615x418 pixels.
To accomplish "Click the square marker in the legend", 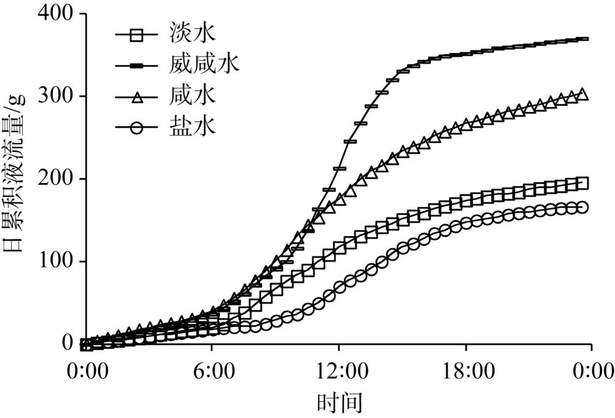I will (x=137, y=36).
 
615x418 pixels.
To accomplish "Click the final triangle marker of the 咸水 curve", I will (x=582, y=94).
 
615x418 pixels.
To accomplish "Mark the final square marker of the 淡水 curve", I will (x=582, y=183).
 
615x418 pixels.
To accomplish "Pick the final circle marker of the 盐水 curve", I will (x=582, y=207).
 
